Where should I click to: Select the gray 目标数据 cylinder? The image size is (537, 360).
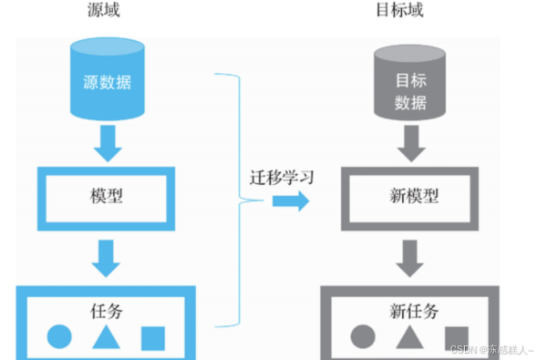pos(411,82)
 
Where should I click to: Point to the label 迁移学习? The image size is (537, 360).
pos(282,177)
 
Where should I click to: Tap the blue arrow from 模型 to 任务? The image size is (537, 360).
pos(108,258)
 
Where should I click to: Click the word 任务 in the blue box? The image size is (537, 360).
pos(108,311)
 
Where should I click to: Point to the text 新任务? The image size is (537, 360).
pos(412,311)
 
